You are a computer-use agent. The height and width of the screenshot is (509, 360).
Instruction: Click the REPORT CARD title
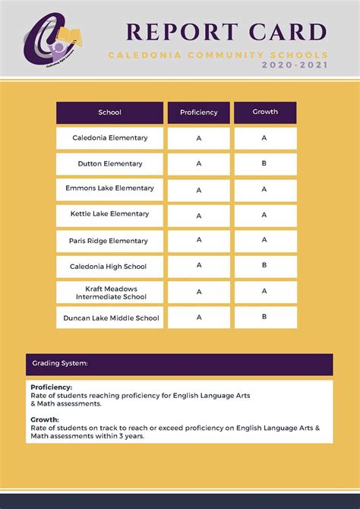click(226, 32)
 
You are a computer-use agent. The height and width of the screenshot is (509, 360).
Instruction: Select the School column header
click(109, 112)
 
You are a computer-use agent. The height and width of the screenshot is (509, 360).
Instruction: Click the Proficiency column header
click(198, 112)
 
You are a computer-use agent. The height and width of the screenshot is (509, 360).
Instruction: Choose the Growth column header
click(265, 112)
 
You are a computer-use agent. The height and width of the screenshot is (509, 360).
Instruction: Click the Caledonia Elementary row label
click(109, 138)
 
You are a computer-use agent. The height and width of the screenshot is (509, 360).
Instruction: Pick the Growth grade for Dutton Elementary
click(264, 163)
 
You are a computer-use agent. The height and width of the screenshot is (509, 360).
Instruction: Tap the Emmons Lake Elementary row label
click(109, 188)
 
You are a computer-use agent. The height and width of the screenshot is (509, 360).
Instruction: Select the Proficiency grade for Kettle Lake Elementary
click(198, 215)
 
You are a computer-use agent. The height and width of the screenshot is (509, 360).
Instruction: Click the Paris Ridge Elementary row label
click(109, 241)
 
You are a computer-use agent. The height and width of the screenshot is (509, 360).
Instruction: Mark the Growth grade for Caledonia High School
click(264, 265)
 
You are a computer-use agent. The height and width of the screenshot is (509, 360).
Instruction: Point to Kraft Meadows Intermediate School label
click(109, 292)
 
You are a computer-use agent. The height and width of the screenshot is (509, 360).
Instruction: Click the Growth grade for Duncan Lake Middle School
click(264, 317)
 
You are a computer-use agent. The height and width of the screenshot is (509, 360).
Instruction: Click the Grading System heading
click(60, 364)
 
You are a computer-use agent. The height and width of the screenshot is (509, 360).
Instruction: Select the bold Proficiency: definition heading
click(52, 387)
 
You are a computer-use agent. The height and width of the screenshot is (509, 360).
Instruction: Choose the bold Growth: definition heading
click(45, 419)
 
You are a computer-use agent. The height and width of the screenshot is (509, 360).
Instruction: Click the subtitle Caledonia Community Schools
click(218, 55)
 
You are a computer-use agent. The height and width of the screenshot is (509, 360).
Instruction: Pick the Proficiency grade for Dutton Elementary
click(198, 163)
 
